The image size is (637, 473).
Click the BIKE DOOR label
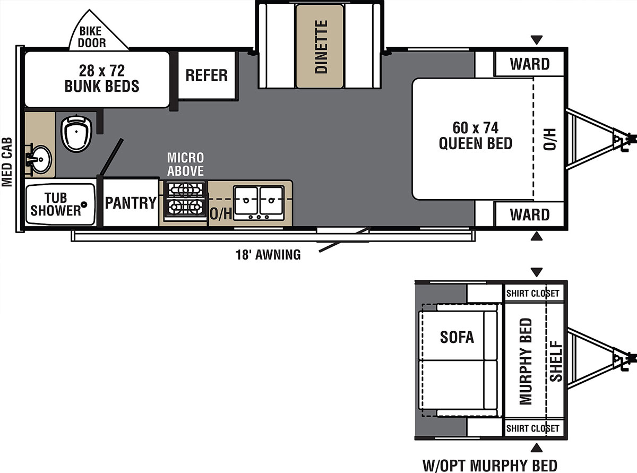click(x=92, y=37)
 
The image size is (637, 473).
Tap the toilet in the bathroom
click(x=76, y=133)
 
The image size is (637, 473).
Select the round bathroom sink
click(x=40, y=159)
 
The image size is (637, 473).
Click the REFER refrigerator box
click(x=207, y=75)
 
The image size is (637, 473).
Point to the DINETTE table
click(x=320, y=46)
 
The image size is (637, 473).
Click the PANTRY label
click(x=131, y=203)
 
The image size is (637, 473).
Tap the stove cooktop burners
click(x=185, y=199)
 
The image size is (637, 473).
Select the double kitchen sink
click(x=259, y=203)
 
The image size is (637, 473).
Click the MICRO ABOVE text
click(x=186, y=164)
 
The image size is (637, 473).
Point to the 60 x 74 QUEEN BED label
click(x=476, y=135)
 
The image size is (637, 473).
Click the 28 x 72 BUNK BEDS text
click(x=102, y=78)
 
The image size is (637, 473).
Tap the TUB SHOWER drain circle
click(x=84, y=204)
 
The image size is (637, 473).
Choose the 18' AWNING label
click(x=268, y=255)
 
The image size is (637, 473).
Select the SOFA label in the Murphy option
click(x=457, y=337)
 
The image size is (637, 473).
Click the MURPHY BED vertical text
click(x=526, y=362)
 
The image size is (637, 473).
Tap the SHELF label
click(x=556, y=362)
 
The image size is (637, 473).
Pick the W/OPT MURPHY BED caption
click(x=489, y=465)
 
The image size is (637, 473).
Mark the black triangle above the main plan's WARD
click(x=537, y=40)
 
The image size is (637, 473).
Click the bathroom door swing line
click(x=111, y=157)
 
